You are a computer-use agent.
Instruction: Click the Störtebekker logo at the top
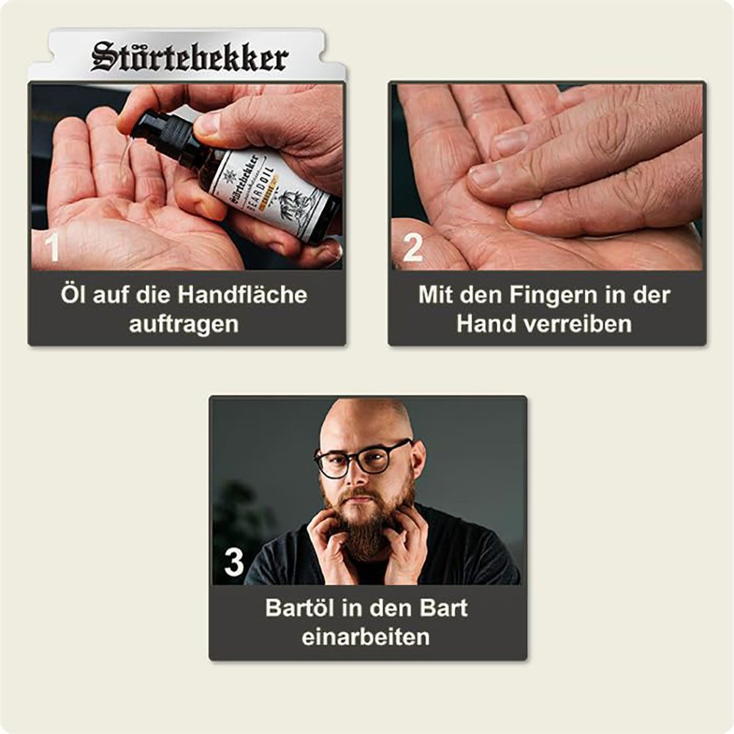point(189,57)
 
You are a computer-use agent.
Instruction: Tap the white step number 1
point(53,248)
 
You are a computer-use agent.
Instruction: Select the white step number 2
point(412,248)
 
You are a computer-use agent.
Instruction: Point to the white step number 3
point(233,563)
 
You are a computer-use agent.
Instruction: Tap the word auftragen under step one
point(183,324)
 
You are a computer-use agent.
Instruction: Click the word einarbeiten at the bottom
point(366,636)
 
